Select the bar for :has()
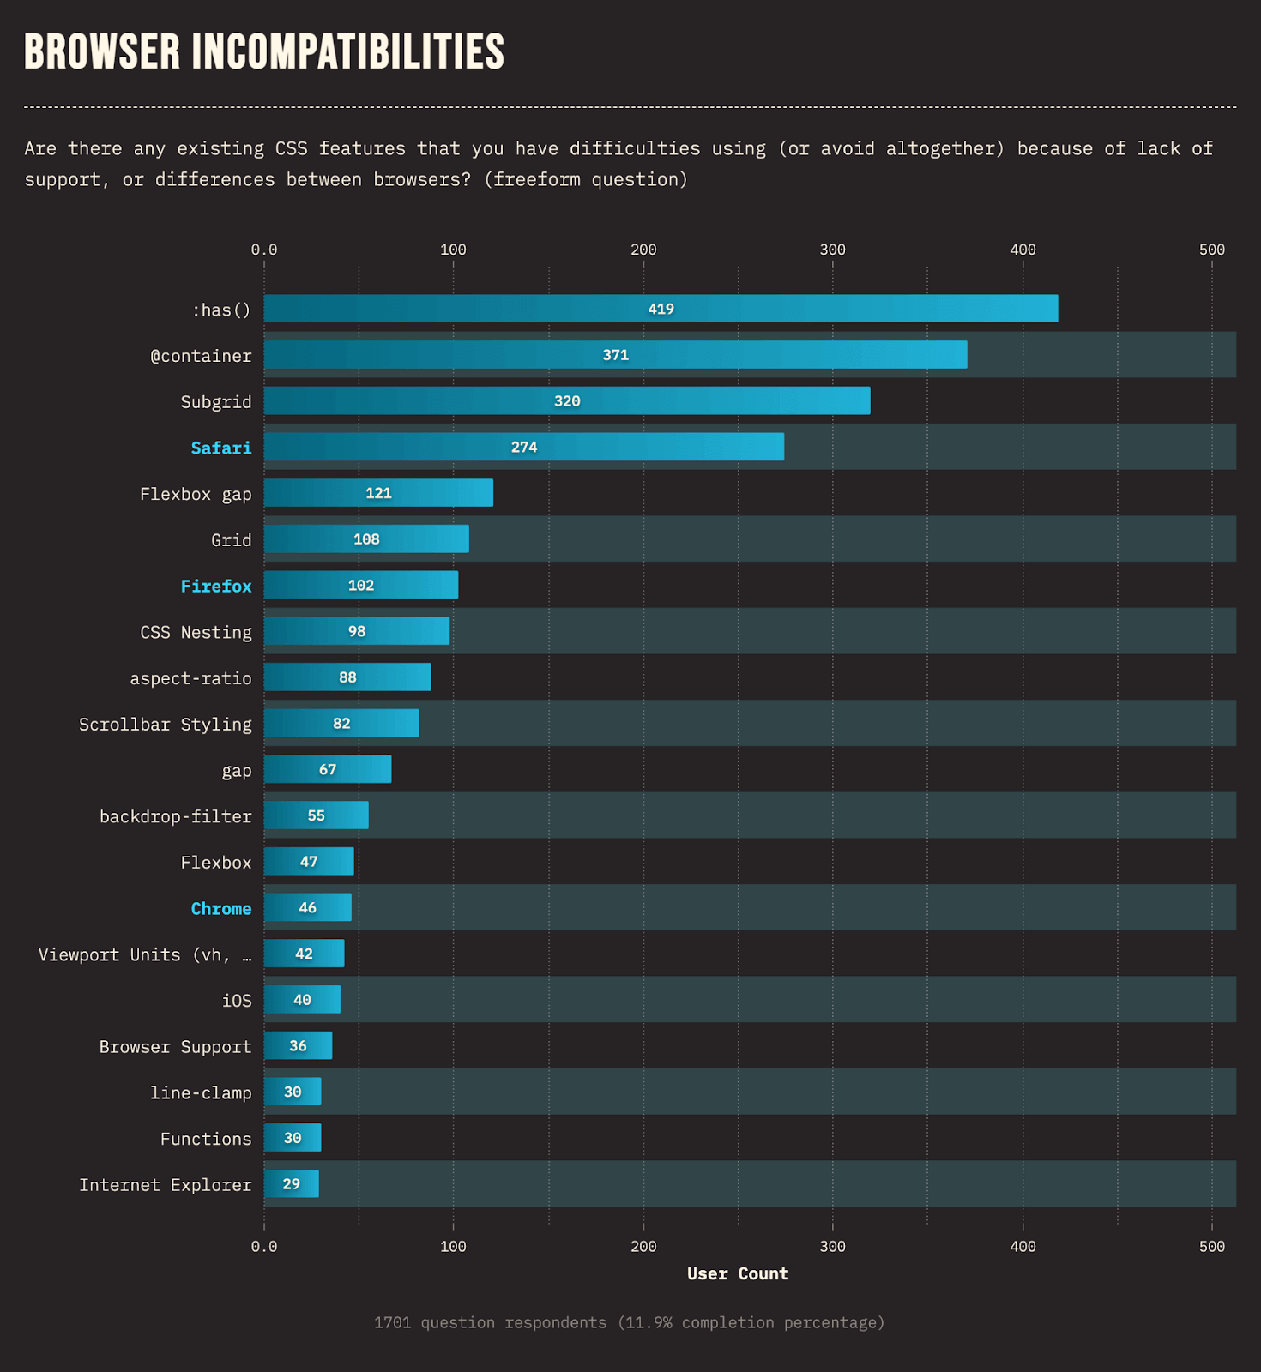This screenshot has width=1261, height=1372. pyautogui.click(x=661, y=309)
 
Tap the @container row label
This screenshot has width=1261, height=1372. pyautogui.click(x=202, y=356)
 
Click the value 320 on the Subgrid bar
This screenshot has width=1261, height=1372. pyautogui.click(x=567, y=401)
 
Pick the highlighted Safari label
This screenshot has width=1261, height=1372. pyautogui.click(x=221, y=448)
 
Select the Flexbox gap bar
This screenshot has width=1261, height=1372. pyautogui.click(x=378, y=493)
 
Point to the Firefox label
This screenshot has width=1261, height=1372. pyautogui.click(x=216, y=586)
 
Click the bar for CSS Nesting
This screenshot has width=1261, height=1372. pyautogui.click(x=356, y=631)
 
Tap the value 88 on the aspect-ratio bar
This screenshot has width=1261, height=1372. pyautogui.click(x=347, y=677)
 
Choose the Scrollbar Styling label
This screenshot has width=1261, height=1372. pyautogui.click(x=166, y=725)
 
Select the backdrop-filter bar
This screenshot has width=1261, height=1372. pyautogui.click(x=316, y=815)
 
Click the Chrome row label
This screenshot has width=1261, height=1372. pyautogui.click(x=221, y=909)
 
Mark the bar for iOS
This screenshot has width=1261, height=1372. pyautogui.click(x=302, y=1000)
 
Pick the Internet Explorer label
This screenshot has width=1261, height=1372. pyautogui.click(x=166, y=1185)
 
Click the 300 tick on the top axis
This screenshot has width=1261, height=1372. pyautogui.click(x=832, y=250)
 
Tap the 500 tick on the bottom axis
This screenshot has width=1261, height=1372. pyautogui.click(x=1211, y=1246)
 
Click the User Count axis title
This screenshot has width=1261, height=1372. pyautogui.click(x=738, y=1273)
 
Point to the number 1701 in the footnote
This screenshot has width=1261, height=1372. pyautogui.click(x=392, y=1322)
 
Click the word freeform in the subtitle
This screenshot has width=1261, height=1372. pyautogui.click(x=537, y=179)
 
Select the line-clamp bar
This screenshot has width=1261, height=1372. pyautogui.click(x=293, y=1092)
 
